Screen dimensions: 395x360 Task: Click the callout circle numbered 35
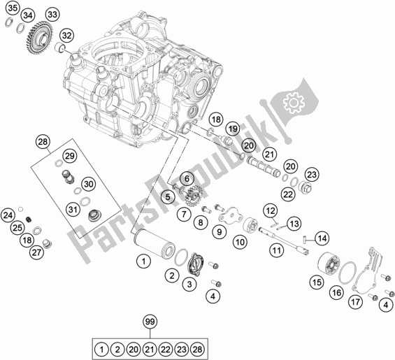click(13, 8)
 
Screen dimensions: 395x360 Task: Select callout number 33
click(52, 15)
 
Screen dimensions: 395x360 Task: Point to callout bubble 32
click(66, 36)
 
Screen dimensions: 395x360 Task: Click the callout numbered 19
click(233, 129)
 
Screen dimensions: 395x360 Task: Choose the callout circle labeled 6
click(187, 179)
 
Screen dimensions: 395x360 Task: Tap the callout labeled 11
click(277, 250)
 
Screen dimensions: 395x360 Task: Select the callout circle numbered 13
click(294, 224)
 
